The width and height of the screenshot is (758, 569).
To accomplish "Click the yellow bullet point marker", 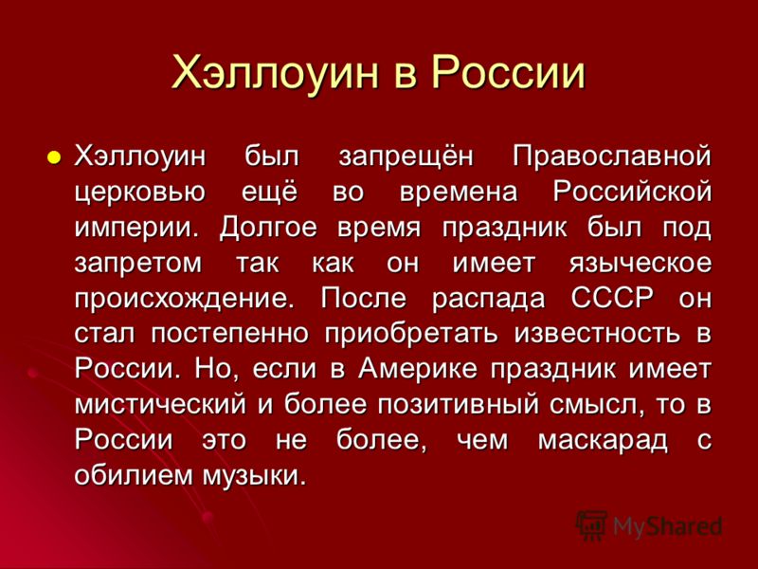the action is [x=54, y=157].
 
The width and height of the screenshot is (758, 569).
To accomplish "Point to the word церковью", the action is [x=140, y=193].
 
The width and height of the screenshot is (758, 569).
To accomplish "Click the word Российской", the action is [x=632, y=192].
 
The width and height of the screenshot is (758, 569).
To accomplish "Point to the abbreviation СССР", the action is [x=612, y=298].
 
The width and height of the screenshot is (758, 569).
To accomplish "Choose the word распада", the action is [x=488, y=300].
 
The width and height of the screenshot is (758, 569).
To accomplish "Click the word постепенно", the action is [x=229, y=334].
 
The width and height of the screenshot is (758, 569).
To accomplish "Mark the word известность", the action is [x=597, y=334].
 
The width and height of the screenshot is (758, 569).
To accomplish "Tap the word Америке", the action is [x=418, y=370].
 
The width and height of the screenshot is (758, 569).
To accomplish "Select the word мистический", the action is [x=160, y=406].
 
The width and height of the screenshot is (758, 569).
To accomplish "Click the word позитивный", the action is [x=458, y=406].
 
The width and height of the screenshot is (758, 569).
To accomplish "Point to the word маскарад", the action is [x=603, y=441].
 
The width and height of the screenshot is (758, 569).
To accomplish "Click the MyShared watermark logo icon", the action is [x=590, y=525].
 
